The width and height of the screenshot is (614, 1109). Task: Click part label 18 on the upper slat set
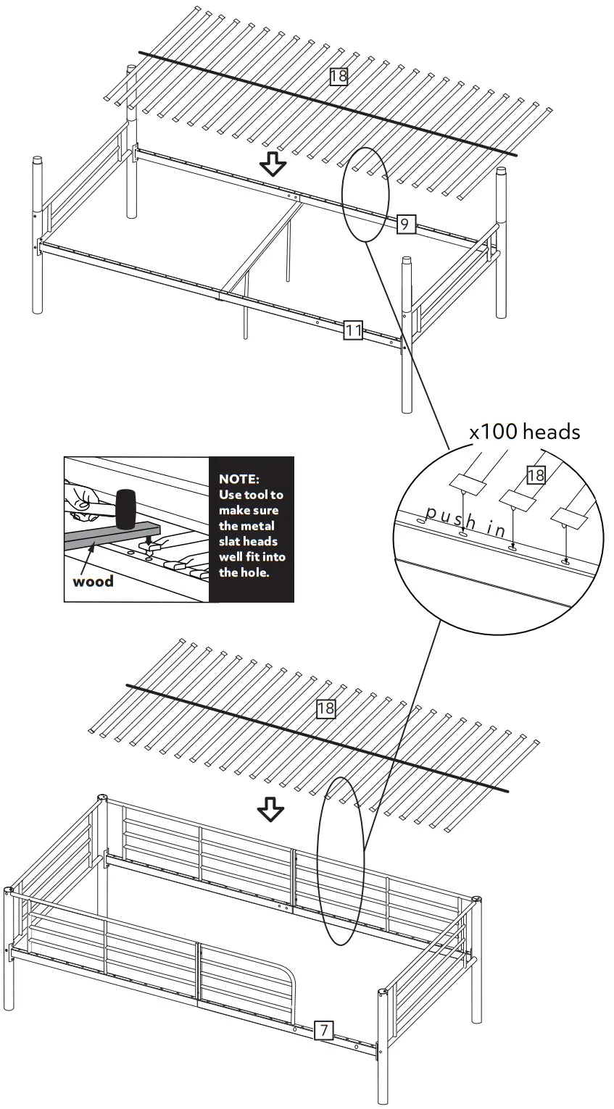(339, 75)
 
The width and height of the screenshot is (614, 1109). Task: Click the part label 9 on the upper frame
(405, 225)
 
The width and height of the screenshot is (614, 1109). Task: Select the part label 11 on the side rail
(353, 331)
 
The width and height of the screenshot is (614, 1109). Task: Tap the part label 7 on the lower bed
(324, 1030)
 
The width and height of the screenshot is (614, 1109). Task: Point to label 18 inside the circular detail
(535, 475)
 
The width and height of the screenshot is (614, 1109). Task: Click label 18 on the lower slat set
(325, 708)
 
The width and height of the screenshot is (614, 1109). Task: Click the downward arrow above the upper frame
(273, 164)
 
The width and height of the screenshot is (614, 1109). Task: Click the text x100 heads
(524, 432)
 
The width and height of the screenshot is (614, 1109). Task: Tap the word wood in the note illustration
(93, 582)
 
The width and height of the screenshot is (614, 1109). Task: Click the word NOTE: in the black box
(238, 480)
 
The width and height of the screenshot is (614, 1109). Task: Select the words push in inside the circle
(466, 522)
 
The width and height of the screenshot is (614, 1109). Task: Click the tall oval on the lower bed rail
(341, 861)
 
